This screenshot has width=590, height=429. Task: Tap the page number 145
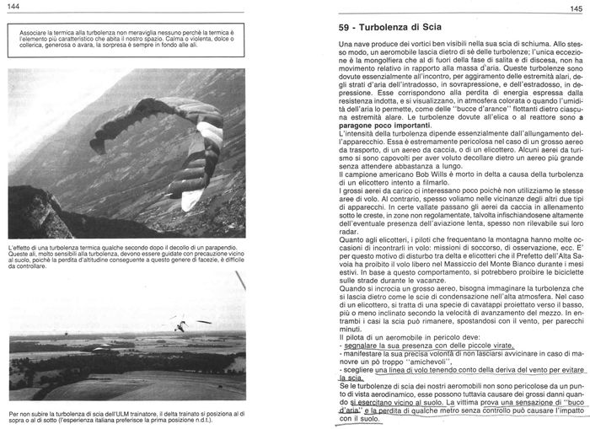pyautogui.click(x=577, y=8)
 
